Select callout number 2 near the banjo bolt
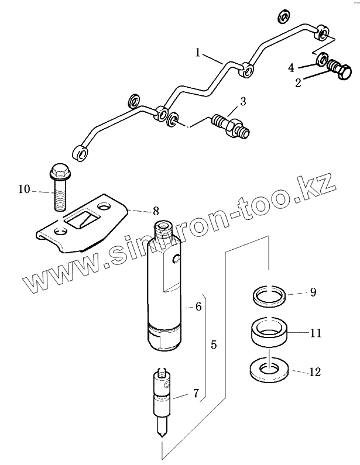(x=298, y=83)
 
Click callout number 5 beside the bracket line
(x=214, y=345)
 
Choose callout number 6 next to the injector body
(x=198, y=306)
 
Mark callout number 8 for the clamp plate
(x=156, y=210)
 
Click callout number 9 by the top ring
(x=313, y=292)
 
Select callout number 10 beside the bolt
(x=23, y=189)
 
